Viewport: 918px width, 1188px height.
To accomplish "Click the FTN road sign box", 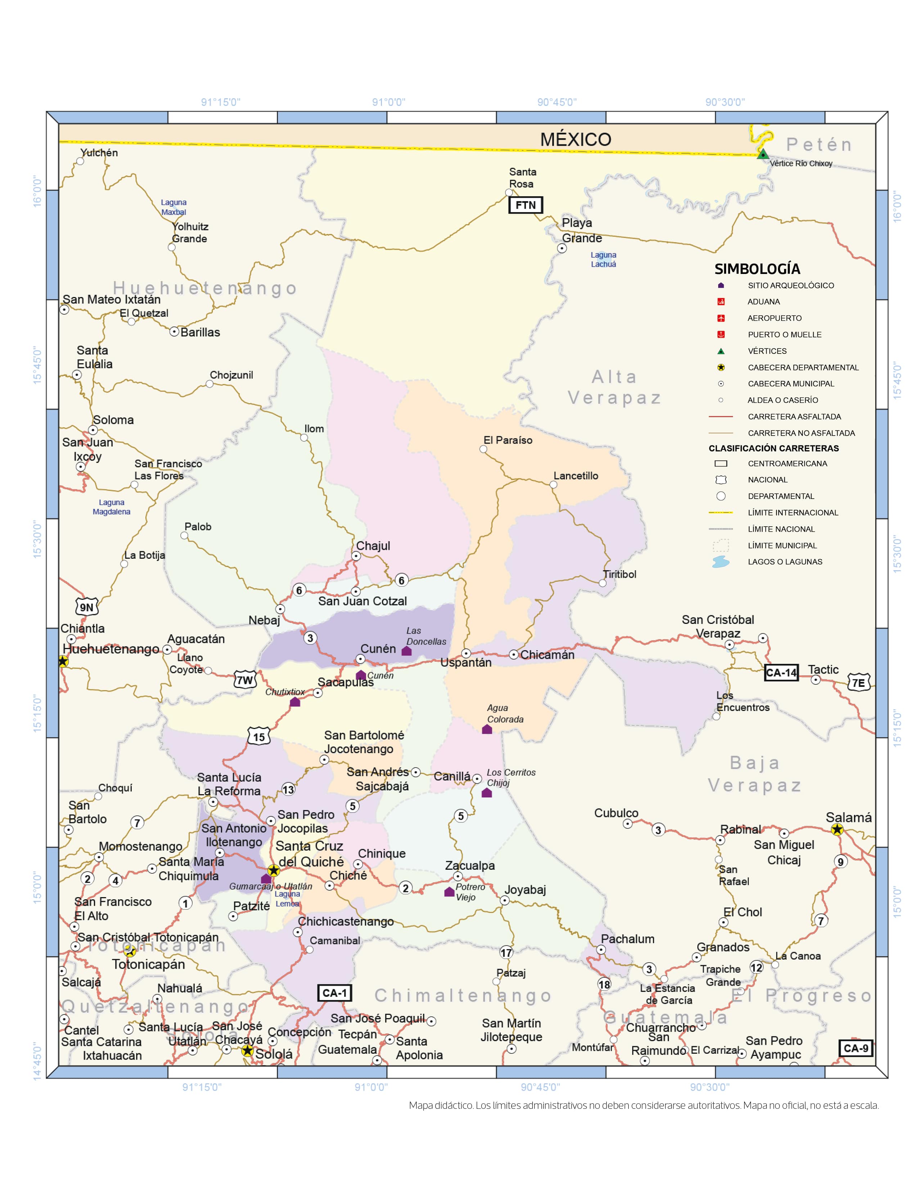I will coord(525,205).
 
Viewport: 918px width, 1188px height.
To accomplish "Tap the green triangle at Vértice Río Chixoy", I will coord(763,154).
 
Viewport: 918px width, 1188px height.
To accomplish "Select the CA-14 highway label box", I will coord(781,673).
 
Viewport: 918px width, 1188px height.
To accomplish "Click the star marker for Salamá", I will coord(837,829).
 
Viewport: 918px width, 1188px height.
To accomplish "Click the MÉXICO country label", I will coord(575,139).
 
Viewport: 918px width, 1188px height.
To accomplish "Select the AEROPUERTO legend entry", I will coord(774,318).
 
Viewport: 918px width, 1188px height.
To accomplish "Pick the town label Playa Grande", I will coord(581,231).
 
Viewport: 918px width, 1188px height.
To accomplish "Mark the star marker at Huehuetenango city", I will coord(63,661).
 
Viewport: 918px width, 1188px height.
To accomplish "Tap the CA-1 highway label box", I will coord(334,993).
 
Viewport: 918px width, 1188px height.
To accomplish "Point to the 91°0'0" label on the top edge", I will coord(388,102).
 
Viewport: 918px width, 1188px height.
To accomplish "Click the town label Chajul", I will coord(373,546).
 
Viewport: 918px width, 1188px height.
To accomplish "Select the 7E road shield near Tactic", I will coord(858,683).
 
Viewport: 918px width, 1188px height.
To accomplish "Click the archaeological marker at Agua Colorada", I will coord(487,729).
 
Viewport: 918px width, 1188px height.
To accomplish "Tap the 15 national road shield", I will coord(259,737).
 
